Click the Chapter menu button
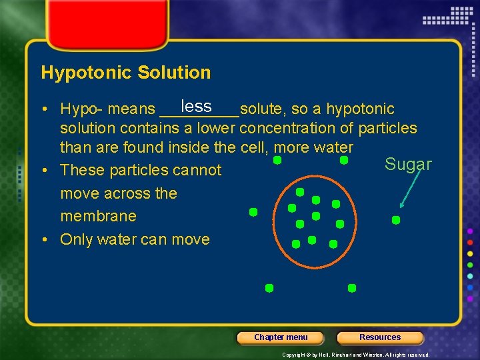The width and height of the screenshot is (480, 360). (281, 337)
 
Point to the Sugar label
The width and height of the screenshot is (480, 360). (408, 165)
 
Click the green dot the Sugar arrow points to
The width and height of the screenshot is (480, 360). (396, 219)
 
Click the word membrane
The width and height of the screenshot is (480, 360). (98, 216)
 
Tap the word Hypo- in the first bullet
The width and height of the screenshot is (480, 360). (81, 109)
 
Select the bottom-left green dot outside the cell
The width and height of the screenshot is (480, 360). (269, 288)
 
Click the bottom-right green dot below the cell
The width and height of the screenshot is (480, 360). (352, 288)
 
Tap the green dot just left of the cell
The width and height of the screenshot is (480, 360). (253, 212)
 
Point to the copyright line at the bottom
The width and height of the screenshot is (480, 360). (355, 355)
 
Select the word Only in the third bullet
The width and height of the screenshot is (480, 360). (76, 239)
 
